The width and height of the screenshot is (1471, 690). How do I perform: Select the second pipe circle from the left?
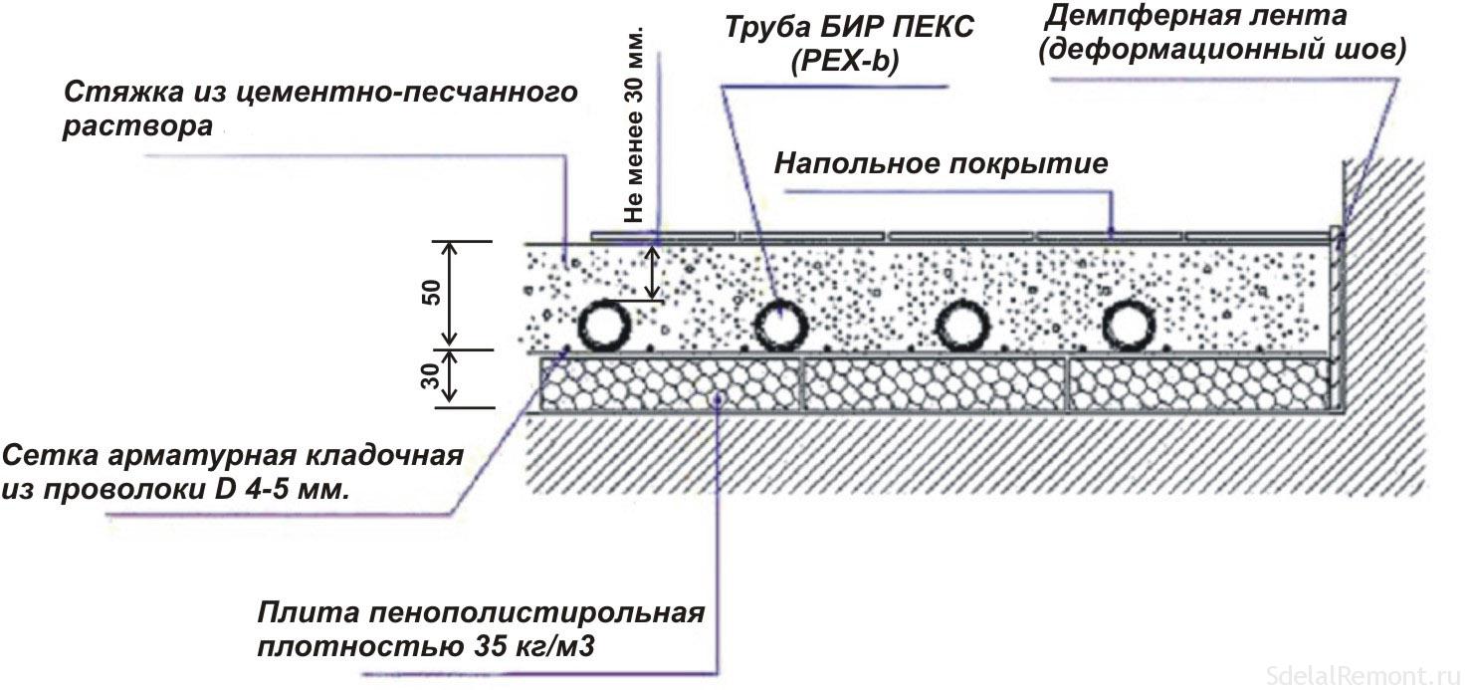[x=780, y=326]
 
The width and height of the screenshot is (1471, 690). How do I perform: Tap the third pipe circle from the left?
[x=960, y=326]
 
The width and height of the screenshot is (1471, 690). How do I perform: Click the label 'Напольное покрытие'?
[x=941, y=163]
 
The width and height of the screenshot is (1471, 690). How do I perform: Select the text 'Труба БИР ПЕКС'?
[x=849, y=27]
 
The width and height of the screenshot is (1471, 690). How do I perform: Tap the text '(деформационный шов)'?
[x=1222, y=50]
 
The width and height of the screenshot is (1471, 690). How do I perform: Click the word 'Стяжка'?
[x=117, y=93]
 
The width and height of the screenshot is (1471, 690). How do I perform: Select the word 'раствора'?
[x=138, y=128]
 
